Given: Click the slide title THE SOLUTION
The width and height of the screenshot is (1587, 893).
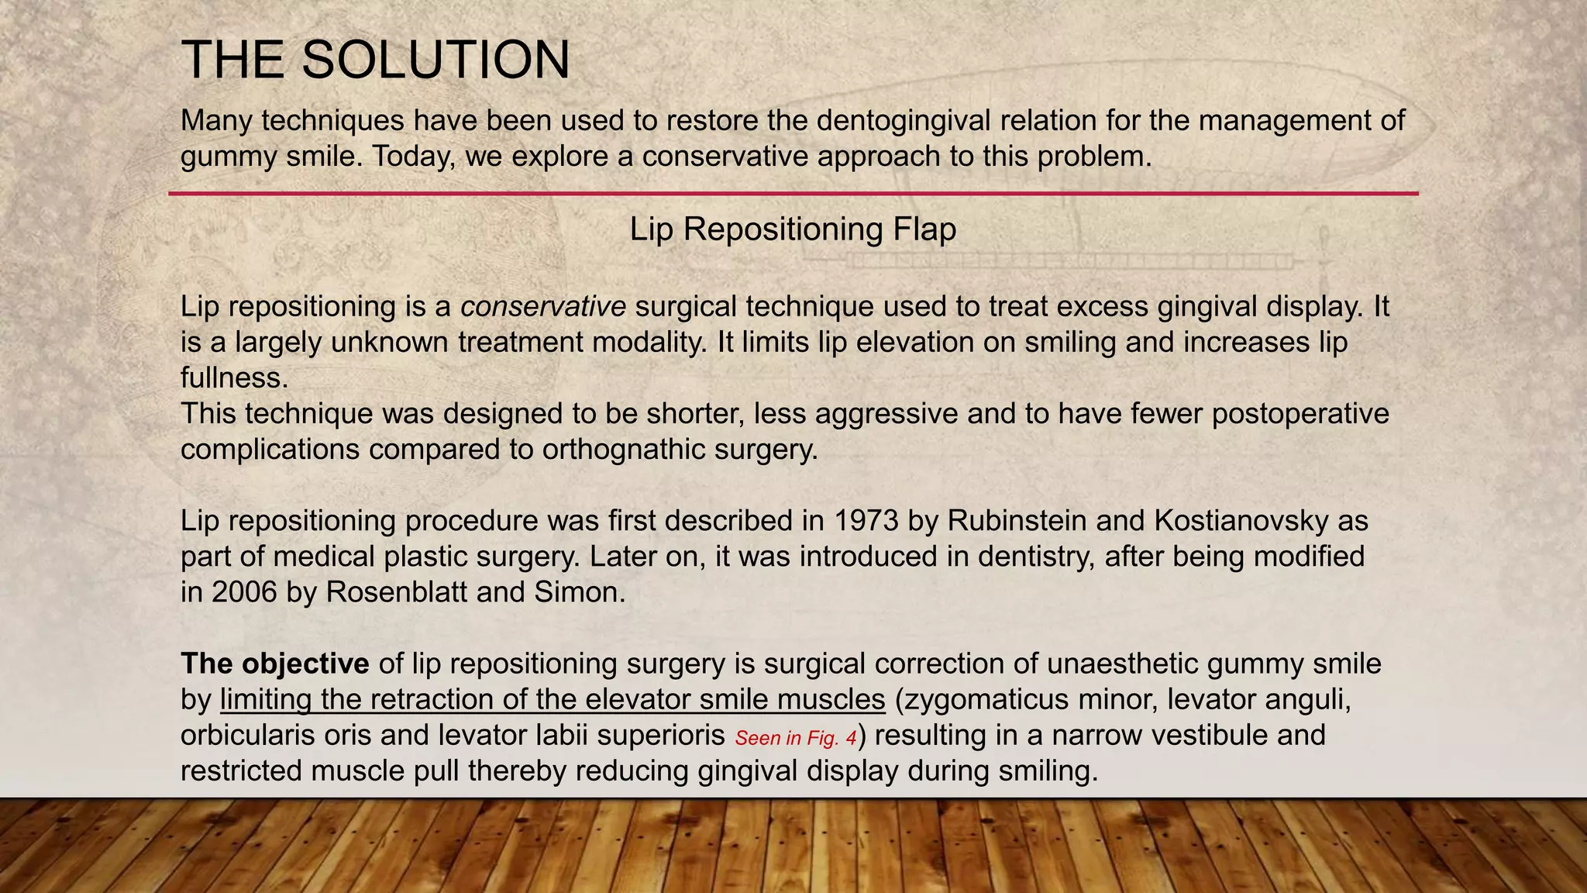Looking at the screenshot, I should pyautogui.click(x=375, y=60).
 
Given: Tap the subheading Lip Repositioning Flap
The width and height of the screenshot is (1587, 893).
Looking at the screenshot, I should pyautogui.click(x=792, y=229).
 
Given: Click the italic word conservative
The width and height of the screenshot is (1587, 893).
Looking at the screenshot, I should pyautogui.click(x=542, y=307).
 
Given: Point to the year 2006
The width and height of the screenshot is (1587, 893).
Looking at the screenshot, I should pyautogui.click(x=244, y=592).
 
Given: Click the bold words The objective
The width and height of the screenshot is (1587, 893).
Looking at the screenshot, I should pyautogui.click(x=274, y=664).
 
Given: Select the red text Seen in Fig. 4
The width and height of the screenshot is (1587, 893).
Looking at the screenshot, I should pyautogui.click(x=795, y=738).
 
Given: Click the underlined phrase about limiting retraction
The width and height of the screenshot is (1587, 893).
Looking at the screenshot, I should pyautogui.click(x=552, y=700).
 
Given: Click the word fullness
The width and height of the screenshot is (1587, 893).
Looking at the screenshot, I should pyautogui.click(x=234, y=378).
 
